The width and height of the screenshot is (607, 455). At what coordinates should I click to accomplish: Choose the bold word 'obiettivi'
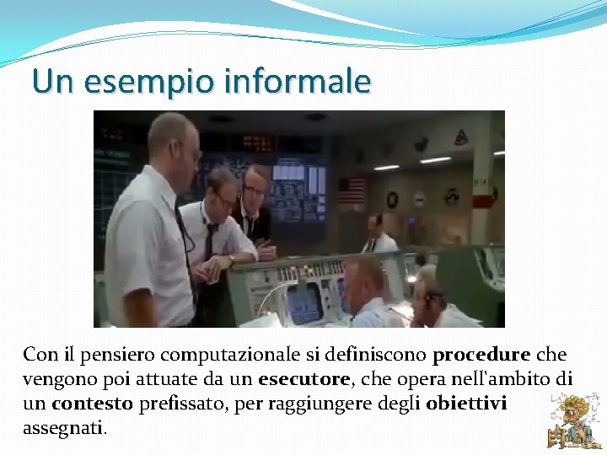[x=466, y=404]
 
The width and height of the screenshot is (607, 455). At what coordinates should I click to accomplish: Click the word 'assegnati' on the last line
[x=64, y=428]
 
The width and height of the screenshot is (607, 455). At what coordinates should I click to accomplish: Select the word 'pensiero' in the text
[x=108, y=355]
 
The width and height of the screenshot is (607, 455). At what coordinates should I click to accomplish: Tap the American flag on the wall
[x=351, y=190]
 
